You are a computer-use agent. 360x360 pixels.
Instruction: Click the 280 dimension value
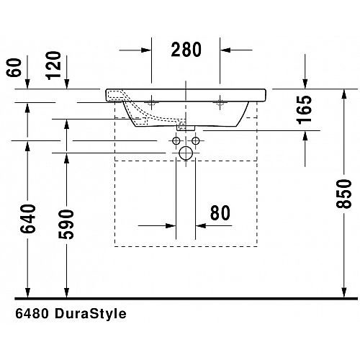pos(186,50)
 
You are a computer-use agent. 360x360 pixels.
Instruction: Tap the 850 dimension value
pos(343,194)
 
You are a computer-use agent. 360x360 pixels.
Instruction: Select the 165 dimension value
pos(305,110)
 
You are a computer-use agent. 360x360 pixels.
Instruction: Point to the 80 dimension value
pos(220,212)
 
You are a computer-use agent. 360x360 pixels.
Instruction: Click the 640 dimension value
pos(28,219)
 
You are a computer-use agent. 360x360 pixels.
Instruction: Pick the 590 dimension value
pos(66,224)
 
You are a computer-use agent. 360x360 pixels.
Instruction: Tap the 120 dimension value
pos(53,66)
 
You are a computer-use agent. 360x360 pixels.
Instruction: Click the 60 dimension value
pos(14,68)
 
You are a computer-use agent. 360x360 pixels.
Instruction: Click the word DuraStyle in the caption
pos(91,314)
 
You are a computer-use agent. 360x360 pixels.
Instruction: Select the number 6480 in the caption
pos(32,313)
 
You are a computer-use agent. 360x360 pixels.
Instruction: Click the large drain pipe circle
pos(186,153)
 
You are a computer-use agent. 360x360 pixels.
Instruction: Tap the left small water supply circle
pos(176,140)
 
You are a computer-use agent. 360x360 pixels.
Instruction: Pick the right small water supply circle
pos(196,140)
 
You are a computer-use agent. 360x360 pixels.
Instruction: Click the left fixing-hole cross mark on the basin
pos(151,102)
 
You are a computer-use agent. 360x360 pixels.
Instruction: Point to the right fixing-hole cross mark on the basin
pos(220,102)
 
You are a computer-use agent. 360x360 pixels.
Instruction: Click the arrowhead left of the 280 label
pos(146,50)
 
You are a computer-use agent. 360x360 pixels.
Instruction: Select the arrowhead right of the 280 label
pos(225,50)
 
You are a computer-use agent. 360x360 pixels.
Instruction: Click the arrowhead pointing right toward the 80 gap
pos(171,225)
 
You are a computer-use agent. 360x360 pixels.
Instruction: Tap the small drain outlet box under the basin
pos(186,128)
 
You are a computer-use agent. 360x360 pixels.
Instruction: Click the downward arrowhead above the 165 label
pos(305,84)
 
